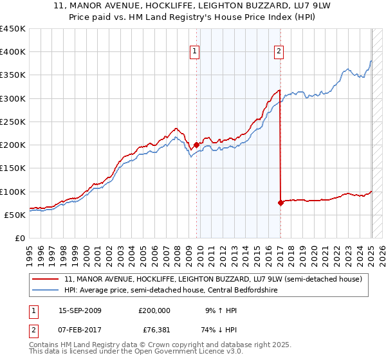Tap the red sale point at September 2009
tap(196, 145)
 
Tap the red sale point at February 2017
tap(280, 203)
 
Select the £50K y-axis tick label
tap(15, 215)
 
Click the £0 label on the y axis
tap(19, 238)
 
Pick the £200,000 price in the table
tap(154, 310)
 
